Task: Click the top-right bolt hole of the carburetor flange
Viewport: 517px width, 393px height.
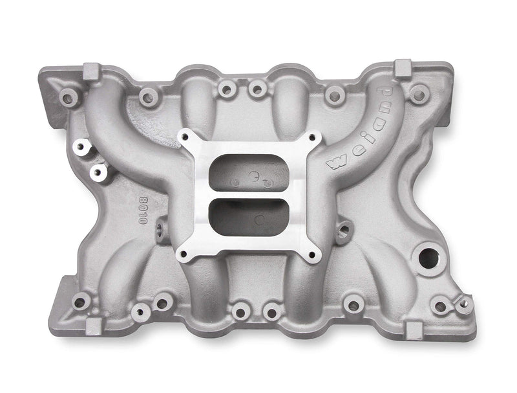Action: click(313, 139)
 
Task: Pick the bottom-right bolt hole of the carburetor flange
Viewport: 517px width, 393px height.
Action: click(313, 254)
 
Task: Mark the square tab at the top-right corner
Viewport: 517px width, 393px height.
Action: click(403, 66)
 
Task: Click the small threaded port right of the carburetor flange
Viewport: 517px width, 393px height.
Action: click(344, 228)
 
